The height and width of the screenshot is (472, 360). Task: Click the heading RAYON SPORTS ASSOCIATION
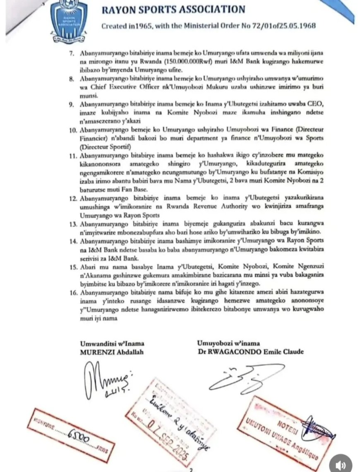coord(173,9)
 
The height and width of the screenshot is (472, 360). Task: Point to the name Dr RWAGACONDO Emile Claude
coord(250,352)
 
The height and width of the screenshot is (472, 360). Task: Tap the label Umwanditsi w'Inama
coord(110,343)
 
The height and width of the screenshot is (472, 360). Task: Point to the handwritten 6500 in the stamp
coord(74,435)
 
